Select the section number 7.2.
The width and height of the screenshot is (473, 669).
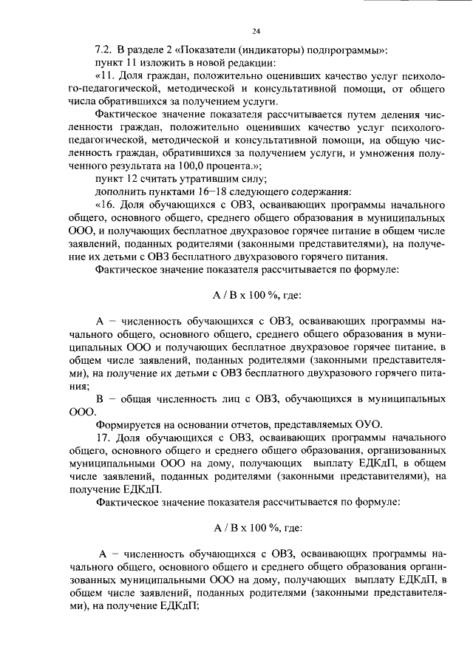102,50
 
